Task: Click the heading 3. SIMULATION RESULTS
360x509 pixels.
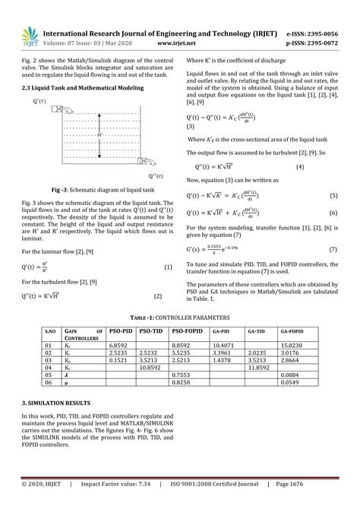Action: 58,402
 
